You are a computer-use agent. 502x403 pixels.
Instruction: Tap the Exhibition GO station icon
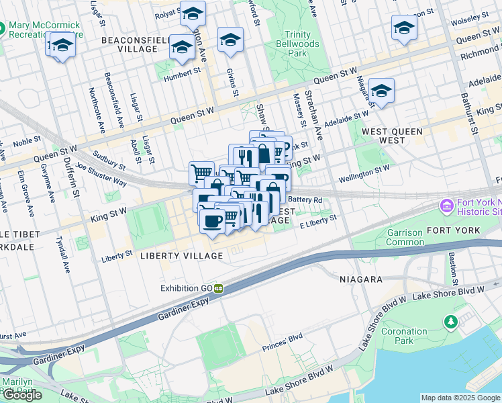(x=218, y=288)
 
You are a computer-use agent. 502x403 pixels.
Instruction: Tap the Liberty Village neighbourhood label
(x=181, y=256)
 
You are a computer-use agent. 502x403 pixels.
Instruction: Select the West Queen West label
(x=393, y=135)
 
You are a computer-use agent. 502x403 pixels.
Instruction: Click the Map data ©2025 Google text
(x=460, y=398)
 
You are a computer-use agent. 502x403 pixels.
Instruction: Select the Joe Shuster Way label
(x=101, y=173)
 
